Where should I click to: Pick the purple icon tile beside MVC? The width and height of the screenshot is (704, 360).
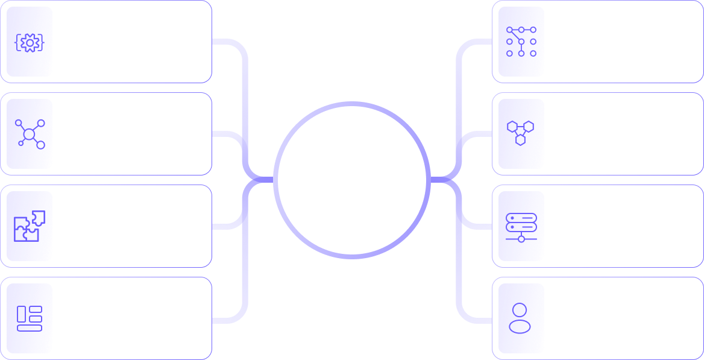pos(522,42)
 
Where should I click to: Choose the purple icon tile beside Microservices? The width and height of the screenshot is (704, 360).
pos(522,134)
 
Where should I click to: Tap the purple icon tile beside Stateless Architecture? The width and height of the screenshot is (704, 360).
pos(522,226)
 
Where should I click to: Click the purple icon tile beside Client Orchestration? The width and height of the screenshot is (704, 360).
pos(522,318)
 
